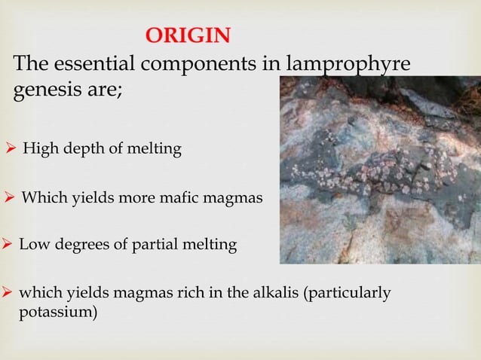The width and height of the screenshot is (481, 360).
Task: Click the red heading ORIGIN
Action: coord(188,35)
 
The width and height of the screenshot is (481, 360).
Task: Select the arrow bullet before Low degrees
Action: coord(8,245)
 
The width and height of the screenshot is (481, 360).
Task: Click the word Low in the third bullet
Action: coord(32,245)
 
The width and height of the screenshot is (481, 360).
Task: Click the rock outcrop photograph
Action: coord(379,169)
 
